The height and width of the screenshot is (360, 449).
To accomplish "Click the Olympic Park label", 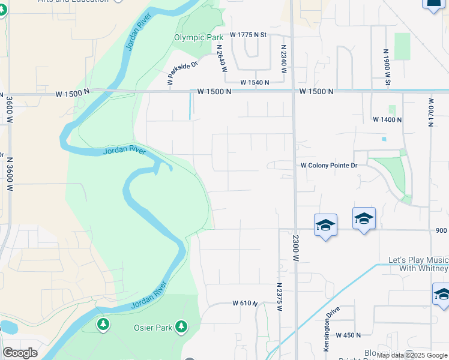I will tap(199, 37).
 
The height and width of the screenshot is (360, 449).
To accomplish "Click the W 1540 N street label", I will tap(255, 82).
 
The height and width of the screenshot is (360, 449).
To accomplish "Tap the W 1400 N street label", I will tap(387, 120).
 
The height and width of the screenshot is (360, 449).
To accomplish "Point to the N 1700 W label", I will tap(430, 110).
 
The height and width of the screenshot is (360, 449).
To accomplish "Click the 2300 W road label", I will tap(296, 245).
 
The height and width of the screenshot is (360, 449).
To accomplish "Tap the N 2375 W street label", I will tap(280, 297).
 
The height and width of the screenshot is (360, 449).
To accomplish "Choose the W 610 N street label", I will tap(245, 304).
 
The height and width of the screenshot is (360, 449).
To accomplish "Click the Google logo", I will tap(20, 353).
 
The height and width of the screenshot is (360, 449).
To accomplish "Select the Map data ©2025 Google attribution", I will tap(412, 355).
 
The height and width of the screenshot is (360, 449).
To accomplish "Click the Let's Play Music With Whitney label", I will tap(418, 264).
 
